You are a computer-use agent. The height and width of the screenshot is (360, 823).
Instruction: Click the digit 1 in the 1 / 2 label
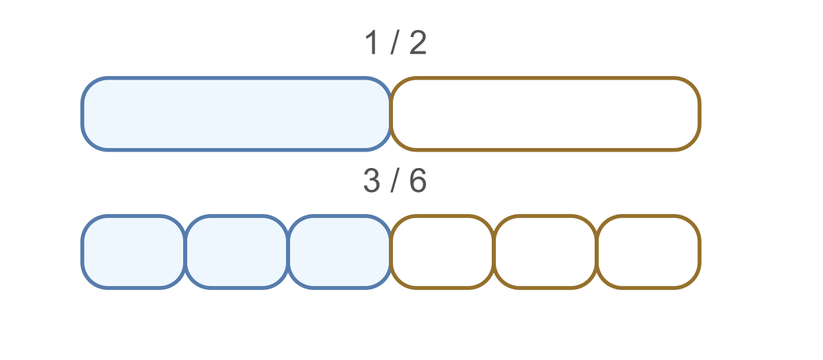(372, 43)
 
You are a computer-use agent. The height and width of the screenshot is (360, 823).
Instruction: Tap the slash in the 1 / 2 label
(395, 43)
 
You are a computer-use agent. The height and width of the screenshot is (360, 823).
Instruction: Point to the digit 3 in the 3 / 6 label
(372, 180)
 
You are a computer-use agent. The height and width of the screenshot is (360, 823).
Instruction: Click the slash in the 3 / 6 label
(395, 181)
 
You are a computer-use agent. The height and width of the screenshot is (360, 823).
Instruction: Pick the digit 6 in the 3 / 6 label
(418, 180)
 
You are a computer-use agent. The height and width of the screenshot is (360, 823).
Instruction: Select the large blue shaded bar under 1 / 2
(236, 114)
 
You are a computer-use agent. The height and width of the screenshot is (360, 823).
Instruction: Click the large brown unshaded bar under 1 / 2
(545, 114)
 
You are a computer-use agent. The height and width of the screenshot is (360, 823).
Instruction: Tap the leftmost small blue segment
(134, 252)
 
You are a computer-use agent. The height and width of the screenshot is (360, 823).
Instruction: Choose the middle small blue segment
(237, 252)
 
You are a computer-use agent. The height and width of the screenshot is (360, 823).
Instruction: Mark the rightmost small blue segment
(339, 252)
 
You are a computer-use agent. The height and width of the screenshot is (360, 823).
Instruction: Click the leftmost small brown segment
(442, 252)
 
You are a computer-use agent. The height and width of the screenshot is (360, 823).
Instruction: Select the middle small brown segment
(545, 252)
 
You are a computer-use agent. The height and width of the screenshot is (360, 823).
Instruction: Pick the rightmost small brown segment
(648, 252)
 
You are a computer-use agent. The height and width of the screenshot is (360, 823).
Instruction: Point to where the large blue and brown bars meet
(391, 114)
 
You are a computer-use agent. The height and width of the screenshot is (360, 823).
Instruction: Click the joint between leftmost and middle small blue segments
(185, 252)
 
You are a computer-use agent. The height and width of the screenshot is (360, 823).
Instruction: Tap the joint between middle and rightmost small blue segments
(288, 252)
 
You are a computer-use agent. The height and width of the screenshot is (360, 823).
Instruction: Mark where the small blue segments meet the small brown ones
(391, 252)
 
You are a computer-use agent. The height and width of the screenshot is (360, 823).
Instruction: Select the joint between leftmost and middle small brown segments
(494, 252)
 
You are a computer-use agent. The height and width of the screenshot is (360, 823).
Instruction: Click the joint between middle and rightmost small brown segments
(597, 252)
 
